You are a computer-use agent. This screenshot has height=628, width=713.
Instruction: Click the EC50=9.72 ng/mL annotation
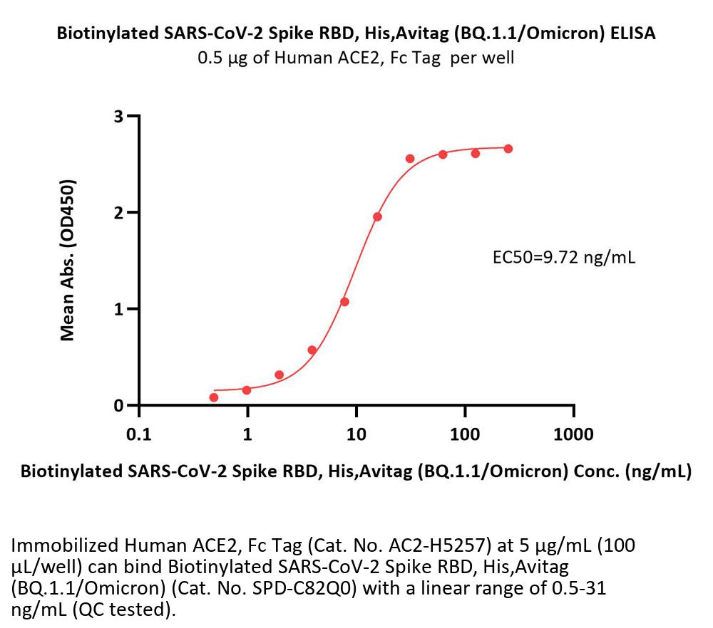564,257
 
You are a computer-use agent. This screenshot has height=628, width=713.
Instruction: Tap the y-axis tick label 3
119,115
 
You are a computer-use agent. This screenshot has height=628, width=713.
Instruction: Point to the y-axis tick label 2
119,212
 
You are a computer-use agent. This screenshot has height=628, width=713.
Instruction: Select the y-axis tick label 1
119,309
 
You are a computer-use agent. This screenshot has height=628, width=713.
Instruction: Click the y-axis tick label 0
119,406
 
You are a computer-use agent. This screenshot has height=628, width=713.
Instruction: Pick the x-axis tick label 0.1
138,434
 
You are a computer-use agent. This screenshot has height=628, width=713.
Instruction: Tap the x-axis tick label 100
465,434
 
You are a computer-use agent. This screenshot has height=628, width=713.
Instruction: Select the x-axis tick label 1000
573,434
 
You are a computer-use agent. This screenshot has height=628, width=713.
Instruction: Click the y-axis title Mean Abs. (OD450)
68,261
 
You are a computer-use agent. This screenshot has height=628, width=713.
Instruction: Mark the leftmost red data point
214,397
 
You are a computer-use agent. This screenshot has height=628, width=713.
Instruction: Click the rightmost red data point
508,149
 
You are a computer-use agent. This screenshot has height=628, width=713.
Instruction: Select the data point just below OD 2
378,216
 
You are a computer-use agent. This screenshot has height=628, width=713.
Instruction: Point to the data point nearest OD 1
345,302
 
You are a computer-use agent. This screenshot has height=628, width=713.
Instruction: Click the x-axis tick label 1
247,434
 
